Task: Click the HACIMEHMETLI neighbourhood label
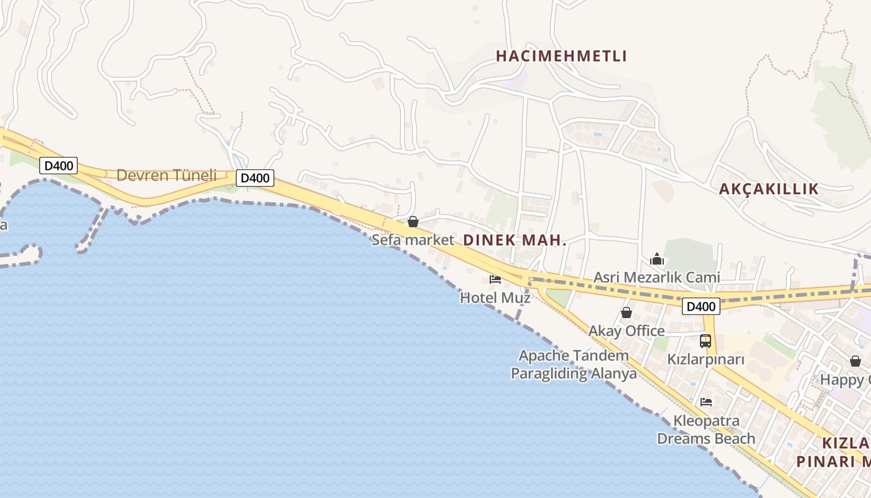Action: pyautogui.click(x=561, y=56)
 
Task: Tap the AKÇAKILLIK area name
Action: pyautogui.click(x=768, y=189)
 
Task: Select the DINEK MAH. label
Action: pyautogui.click(x=515, y=240)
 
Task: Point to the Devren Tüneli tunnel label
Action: pyautogui.click(x=166, y=175)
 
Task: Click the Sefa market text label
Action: pyautogui.click(x=412, y=240)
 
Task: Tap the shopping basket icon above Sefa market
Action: pyautogui.click(x=412, y=222)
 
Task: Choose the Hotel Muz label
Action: pyautogui.click(x=495, y=298)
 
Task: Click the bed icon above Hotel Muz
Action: pyautogui.click(x=495, y=279)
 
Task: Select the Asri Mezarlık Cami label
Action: pyautogui.click(x=656, y=277)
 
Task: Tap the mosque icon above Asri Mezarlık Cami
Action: pyautogui.click(x=657, y=259)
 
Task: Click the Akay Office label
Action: pyautogui.click(x=626, y=331)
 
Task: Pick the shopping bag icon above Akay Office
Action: pyautogui.click(x=626, y=312)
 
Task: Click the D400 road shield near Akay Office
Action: pyautogui.click(x=701, y=306)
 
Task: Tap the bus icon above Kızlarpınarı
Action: pyautogui.click(x=706, y=341)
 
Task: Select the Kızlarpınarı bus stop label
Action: pyautogui.click(x=706, y=359)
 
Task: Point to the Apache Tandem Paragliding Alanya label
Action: pyautogui.click(x=574, y=364)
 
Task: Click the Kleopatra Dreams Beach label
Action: pyautogui.click(x=706, y=430)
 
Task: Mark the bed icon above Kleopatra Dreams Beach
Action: pyautogui.click(x=706, y=402)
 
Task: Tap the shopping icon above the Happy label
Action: pyautogui.click(x=855, y=361)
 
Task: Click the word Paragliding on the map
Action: pyautogui.click(x=549, y=374)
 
